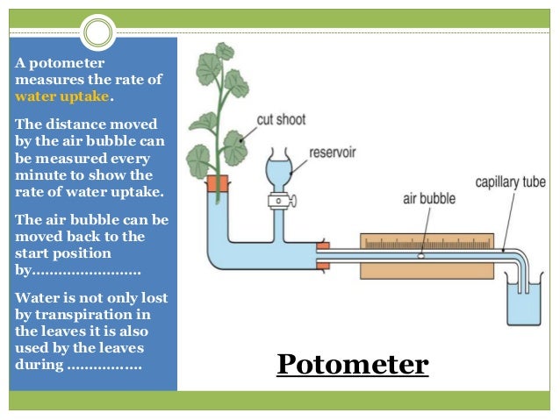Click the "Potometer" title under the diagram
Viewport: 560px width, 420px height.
tap(352, 364)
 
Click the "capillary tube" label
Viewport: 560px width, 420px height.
tap(510, 182)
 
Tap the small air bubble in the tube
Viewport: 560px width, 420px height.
tap(420, 255)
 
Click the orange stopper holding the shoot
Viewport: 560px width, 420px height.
tap(217, 182)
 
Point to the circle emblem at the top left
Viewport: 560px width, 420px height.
tap(98, 34)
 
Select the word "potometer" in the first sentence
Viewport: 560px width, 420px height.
tap(66, 64)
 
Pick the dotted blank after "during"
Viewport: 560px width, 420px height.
tap(104, 364)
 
